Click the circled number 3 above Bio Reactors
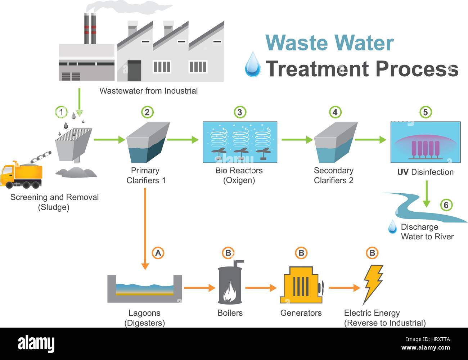[x=240, y=112]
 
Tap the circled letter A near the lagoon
[x=158, y=253]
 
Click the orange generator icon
[x=301, y=285]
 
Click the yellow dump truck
[x=22, y=175]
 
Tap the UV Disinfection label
[x=425, y=172]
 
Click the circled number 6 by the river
[x=446, y=205]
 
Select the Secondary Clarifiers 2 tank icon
[x=335, y=143]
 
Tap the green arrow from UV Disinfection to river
[x=426, y=194]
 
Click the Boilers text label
[x=230, y=313]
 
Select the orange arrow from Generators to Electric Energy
[x=344, y=288]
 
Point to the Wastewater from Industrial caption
[x=148, y=91]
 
